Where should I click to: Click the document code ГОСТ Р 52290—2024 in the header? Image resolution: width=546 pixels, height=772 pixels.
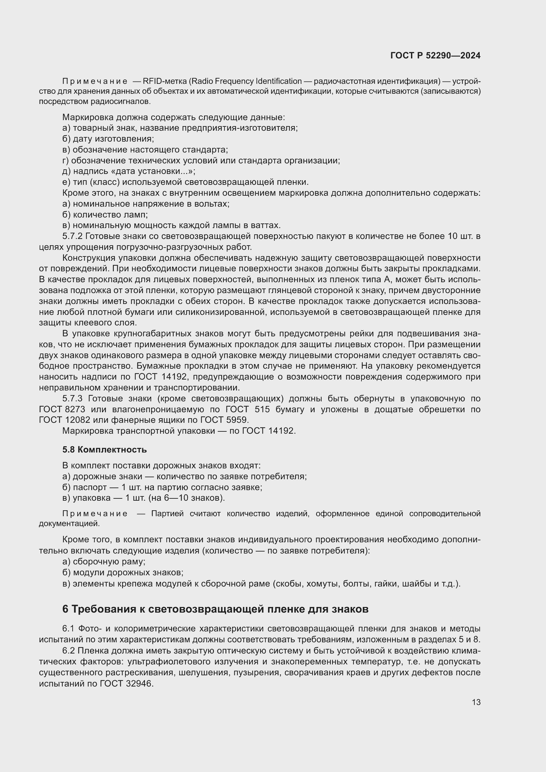click(435, 56)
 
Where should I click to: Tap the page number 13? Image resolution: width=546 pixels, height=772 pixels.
click(476, 702)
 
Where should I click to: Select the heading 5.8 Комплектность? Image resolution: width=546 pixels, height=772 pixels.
click(105, 450)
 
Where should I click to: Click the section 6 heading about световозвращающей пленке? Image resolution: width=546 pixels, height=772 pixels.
click(215, 609)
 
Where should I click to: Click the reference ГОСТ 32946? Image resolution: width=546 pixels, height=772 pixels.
click(126, 684)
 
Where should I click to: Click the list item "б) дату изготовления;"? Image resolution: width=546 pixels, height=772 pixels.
click(108, 139)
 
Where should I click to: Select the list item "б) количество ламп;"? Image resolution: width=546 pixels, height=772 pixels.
click(105, 215)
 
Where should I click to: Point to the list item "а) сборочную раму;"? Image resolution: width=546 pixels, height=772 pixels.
click(104, 561)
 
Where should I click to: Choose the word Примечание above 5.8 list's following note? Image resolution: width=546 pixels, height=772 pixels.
click(94, 514)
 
